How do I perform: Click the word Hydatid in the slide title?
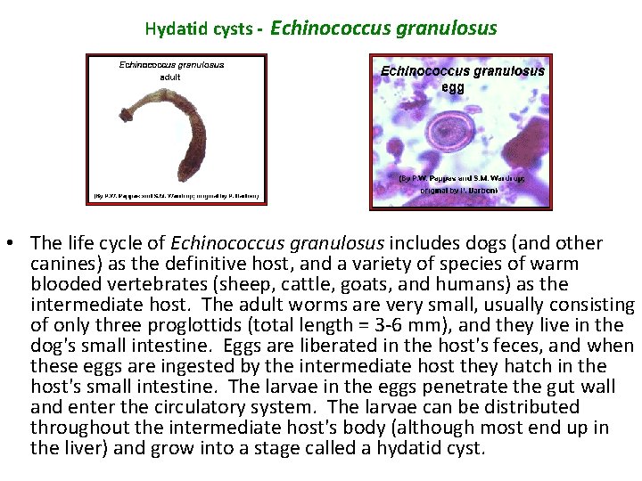coord(172,29)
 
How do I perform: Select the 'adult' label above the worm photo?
coord(170,77)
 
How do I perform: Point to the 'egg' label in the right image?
coord(452,87)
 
